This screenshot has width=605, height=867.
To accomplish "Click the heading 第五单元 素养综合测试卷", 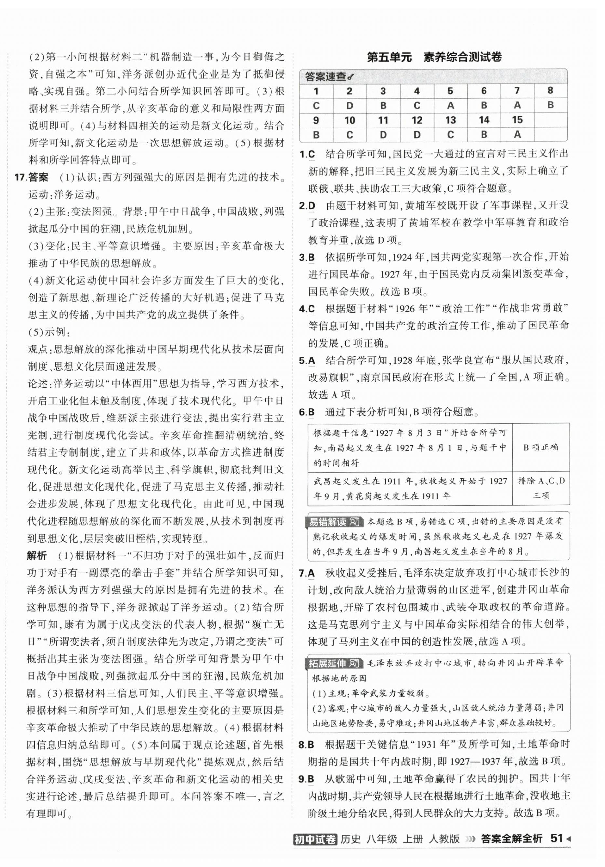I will (434, 57).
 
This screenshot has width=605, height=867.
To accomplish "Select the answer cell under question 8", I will (550, 105).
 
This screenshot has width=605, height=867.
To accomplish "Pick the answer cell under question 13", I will (450, 135).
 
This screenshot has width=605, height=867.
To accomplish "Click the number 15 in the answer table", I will (517, 120).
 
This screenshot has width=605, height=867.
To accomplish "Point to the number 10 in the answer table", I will (349, 120).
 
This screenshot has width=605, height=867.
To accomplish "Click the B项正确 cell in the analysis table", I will (540, 447).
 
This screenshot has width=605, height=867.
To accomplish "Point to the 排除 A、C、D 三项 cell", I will (541, 488).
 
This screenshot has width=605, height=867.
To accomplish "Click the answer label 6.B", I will (307, 412).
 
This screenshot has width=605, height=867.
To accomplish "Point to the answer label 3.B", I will (307, 258).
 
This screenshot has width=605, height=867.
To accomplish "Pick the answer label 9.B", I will (307, 768).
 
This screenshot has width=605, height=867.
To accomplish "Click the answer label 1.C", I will (307, 154).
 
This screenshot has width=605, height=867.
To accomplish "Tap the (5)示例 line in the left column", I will (48, 332).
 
